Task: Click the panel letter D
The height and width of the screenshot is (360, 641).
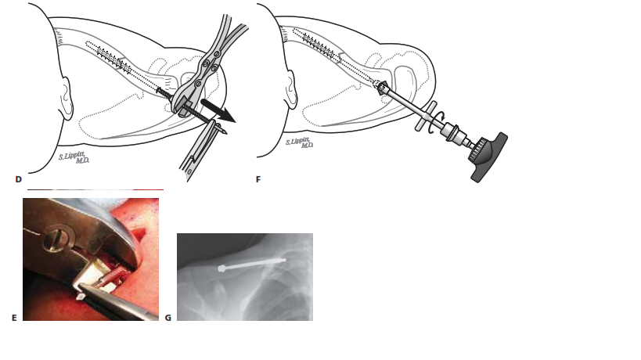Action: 18,179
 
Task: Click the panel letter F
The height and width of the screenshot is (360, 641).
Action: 258,179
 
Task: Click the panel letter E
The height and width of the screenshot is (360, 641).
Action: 14,318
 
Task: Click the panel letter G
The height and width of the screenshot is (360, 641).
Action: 167,318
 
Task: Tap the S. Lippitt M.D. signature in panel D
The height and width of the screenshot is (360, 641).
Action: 74,158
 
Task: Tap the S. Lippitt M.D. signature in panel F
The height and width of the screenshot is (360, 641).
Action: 300,142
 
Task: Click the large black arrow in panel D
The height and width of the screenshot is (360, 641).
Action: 218,110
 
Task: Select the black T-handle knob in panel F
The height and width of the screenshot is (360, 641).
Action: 488,157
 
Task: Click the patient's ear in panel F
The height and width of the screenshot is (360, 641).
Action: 291,90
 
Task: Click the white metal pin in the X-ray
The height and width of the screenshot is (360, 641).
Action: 252,264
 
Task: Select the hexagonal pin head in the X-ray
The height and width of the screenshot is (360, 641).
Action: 222,268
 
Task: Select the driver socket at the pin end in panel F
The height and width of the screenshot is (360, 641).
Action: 383,88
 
